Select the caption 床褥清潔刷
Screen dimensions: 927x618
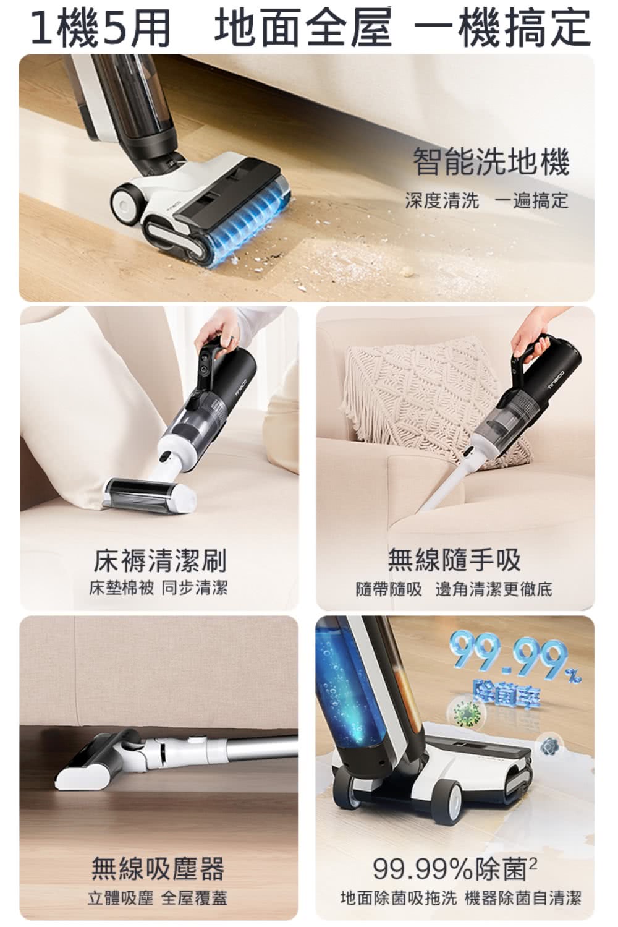click(x=160, y=560)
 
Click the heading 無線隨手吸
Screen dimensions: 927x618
click(x=454, y=560)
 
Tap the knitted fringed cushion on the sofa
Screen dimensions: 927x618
click(x=426, y=396)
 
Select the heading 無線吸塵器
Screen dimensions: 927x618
click(x=158, y=868)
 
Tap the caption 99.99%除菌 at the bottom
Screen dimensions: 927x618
click(x=454, y=869)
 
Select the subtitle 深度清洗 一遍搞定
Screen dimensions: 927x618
click(x=486, y=200)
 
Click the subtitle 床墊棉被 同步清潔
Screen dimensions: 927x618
click(x=158, y=587)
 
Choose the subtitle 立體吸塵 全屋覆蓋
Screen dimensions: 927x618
click(x=158, y=898)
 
